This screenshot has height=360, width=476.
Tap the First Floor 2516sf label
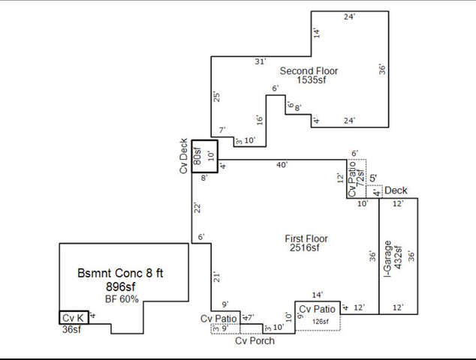[306, 244]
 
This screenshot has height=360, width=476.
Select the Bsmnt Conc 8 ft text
[120, 272]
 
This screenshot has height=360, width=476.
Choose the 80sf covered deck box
[203, 157]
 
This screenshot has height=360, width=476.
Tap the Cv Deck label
[183, 156]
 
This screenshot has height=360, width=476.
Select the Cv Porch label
[255, 340]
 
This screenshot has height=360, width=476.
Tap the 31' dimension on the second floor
[260, 61]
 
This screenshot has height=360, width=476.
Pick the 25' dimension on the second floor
[217, 97]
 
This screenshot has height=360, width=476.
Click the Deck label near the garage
[396, 191]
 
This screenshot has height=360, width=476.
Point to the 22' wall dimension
[197, 208]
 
